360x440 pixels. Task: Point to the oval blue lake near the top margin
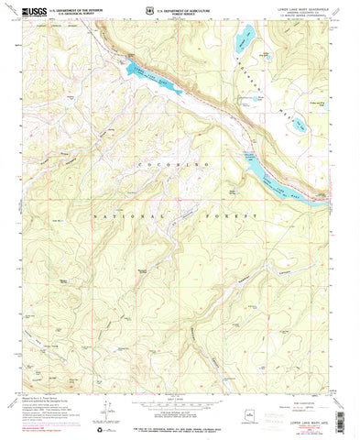click(243, 40)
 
